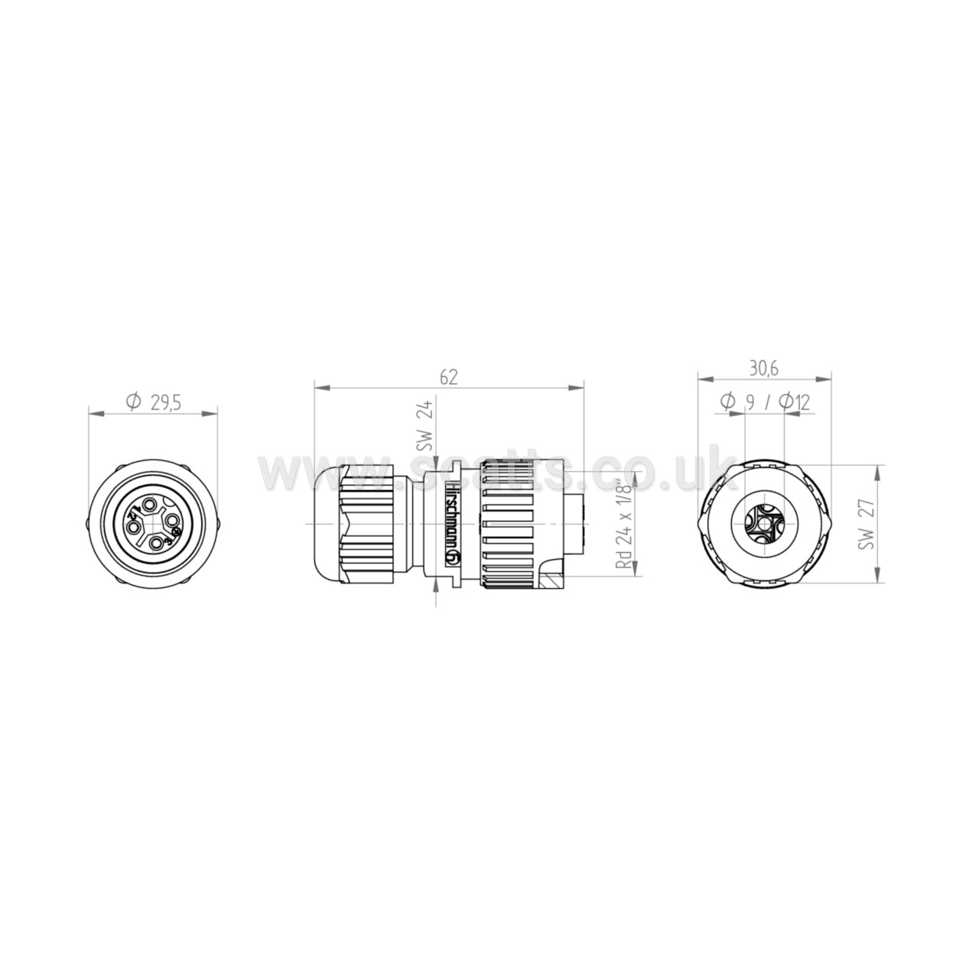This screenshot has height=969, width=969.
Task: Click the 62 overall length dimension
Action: click(x=448, y=377)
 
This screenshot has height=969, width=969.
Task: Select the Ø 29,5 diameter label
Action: click(x=153, y=403)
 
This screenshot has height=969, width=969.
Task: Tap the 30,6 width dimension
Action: click(x=764, y=369)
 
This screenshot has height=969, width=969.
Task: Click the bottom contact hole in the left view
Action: click(x=158, y=543)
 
